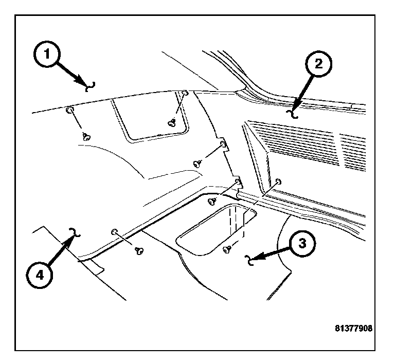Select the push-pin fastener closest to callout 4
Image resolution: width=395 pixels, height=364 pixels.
[138, 250]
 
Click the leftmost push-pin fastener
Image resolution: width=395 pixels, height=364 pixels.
[86, 136]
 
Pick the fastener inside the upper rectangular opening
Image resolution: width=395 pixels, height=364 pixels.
[172, 122]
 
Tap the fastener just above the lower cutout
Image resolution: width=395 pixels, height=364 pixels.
[211, 201]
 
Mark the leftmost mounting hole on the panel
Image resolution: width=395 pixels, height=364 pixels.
[69, 111]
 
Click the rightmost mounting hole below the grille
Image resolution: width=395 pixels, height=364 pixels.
[278, 181]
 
